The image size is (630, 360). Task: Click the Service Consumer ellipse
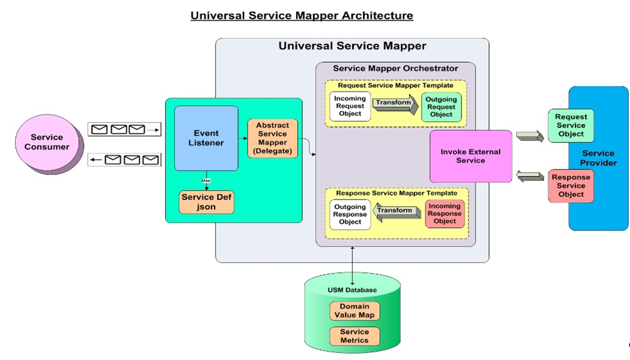coord(47,142)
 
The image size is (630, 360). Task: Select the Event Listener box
coord(206,138)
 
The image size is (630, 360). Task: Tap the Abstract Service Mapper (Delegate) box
coord(272,138)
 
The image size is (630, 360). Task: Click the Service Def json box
coord(207,202)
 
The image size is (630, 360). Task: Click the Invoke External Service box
coord(470,156)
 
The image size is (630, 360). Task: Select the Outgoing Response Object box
coord(350,214)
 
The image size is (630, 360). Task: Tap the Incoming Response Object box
coord(445,213)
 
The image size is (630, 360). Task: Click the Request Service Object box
coord(571,125)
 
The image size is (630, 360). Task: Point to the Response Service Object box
coord(571,186)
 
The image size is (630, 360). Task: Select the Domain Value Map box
coord(354,311)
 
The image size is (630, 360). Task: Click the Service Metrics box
coord(354,336)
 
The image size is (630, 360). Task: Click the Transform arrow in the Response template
coord(396,211)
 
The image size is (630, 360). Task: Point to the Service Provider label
coord(598,158)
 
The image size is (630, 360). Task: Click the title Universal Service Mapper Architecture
coord(301,15)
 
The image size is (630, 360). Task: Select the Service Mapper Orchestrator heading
coord(395,68)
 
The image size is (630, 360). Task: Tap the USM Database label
coord(352,290)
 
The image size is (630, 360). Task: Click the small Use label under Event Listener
coord(206,180)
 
